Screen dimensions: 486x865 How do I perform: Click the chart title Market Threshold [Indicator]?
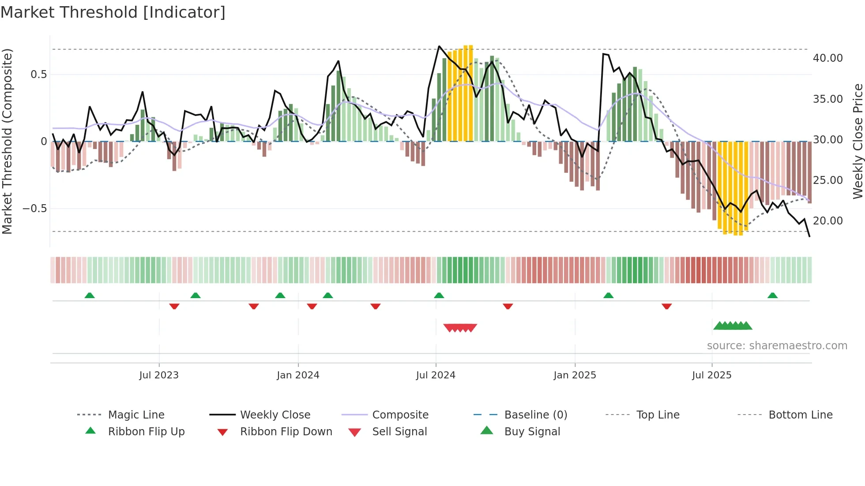(x=113, y=12)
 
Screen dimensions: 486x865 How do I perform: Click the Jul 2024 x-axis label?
(x=436, y=375)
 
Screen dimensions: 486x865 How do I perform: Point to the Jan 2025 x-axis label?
(x=575, y=375)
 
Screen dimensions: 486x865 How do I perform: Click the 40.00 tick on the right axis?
(x=827, y=58)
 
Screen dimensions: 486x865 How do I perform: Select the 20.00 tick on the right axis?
(x=827, y=221)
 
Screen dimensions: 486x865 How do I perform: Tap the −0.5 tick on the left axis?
(x=34, y=208)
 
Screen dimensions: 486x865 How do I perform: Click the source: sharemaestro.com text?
(x=777, y=346)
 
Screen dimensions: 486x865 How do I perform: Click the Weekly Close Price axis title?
(x=857, y=141)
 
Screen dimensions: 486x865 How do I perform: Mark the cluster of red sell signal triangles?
(x=460, y=328)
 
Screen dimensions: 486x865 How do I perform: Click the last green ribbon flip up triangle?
(x=772, y=295)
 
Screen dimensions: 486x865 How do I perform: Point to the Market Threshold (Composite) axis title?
(x=7, y=141)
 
